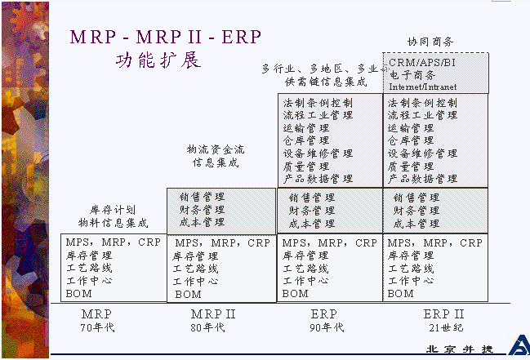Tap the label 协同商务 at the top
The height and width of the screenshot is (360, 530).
[430, 42]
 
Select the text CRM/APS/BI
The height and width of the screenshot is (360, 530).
[422, 63]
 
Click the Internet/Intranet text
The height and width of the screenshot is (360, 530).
[423, 86]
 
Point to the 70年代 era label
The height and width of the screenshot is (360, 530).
[96, 328]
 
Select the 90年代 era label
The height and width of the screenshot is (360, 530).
[327, 328]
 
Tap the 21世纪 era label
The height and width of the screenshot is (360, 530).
[444, 328]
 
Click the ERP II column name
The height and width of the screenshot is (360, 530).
[444, 314]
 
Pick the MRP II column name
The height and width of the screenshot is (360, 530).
[213, 314]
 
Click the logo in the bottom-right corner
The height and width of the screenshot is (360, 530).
[517, 345]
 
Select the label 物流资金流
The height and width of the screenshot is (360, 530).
[216, 149]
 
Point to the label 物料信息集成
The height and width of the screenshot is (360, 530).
[113, 222]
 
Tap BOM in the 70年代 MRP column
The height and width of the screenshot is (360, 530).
[78, 292]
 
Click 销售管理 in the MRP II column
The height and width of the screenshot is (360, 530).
[202, 196]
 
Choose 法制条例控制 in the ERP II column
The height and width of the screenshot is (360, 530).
[422, 104]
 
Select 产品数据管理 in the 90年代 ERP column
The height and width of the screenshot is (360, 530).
[318, 178]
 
